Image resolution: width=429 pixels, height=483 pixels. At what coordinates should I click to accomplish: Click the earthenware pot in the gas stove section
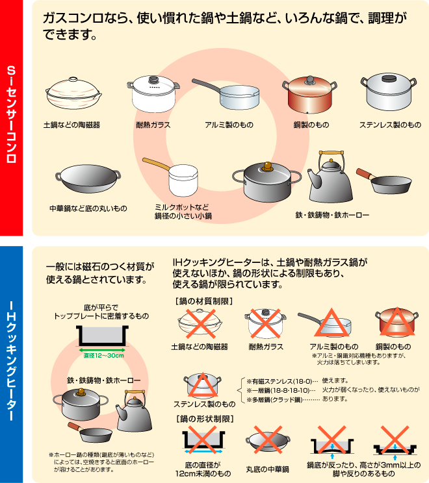coord(73,93)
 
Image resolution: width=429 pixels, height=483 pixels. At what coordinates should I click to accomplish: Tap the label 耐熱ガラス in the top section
coord(153,125)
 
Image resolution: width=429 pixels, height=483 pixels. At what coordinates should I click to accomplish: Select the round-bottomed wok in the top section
coord(88,179)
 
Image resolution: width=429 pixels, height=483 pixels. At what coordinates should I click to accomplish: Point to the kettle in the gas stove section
coord(330,177)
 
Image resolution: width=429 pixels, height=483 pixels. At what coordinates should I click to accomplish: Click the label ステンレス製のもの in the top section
coord(390,125)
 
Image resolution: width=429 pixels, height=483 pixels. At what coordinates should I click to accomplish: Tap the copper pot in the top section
coord(309,95)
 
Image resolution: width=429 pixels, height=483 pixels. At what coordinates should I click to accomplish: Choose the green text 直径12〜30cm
coord(103,356)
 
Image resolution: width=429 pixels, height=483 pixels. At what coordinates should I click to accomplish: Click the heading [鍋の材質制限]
coord(204,301)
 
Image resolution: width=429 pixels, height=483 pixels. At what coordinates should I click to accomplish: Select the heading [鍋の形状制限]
coord(205,419)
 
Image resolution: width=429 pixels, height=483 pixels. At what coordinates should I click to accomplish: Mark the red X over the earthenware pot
coord(200,324)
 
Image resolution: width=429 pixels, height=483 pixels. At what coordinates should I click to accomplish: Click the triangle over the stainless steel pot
coord(203,385)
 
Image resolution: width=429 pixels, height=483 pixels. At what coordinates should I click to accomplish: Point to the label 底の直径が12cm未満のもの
coord(203,469)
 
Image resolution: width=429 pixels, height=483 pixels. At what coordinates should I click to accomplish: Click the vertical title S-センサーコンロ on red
coord(12,114)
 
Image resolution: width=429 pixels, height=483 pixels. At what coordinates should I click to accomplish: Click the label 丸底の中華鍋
coord(267,469)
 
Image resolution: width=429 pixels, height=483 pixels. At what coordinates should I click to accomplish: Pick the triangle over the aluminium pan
coord(331,323)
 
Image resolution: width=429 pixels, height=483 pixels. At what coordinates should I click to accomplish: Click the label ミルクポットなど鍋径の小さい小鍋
coord(183,212)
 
